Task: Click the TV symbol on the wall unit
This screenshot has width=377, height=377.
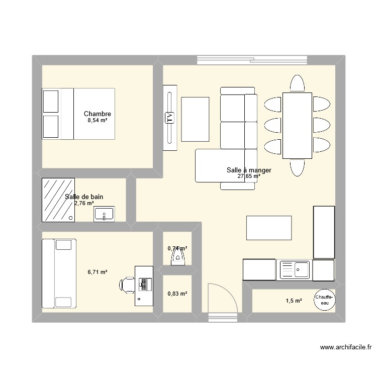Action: coord(169,119)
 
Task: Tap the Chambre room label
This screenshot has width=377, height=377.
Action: coord(98,114)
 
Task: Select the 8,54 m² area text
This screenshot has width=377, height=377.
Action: coord(98,121)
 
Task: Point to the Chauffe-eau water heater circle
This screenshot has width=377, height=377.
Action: coord(325,300)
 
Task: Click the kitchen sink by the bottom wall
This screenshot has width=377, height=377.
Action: coord(295,269)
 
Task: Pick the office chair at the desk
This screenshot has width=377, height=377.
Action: coord(127,285)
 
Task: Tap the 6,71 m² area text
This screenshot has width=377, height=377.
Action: coord(98,272)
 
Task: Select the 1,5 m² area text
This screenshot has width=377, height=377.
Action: coord(294,301)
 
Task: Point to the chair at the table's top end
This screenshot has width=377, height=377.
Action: coord(297,83)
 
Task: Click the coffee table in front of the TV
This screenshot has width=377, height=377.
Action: coord(195,119)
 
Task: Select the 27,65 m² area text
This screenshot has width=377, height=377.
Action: coord(249,176)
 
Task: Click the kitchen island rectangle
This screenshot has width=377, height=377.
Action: coord(269,228)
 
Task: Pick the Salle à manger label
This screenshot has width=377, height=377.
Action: coord(249,170)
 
